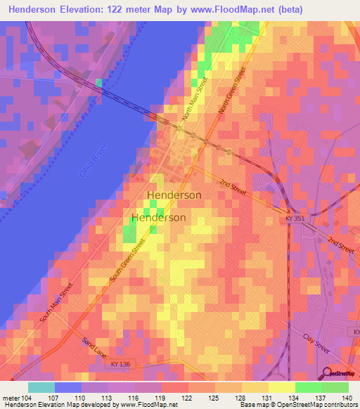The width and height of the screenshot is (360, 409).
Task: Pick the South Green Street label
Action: tap(127, 261)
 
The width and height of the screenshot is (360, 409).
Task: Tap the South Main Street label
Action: tap(56, 303)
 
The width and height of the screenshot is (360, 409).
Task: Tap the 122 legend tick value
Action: tap(187, 398)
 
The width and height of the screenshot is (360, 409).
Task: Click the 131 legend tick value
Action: tap(268, 398)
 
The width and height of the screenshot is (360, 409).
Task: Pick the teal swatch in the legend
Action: tap(41, 387)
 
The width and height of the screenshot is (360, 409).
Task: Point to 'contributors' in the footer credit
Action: tap(341, 405)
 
